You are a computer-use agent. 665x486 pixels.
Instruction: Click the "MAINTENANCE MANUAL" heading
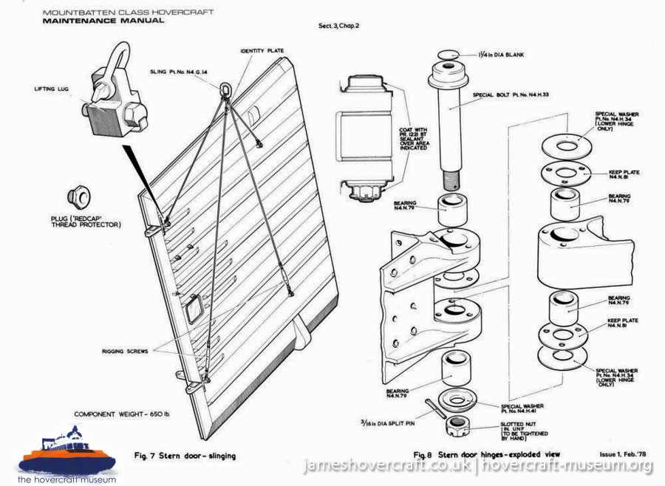103,21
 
